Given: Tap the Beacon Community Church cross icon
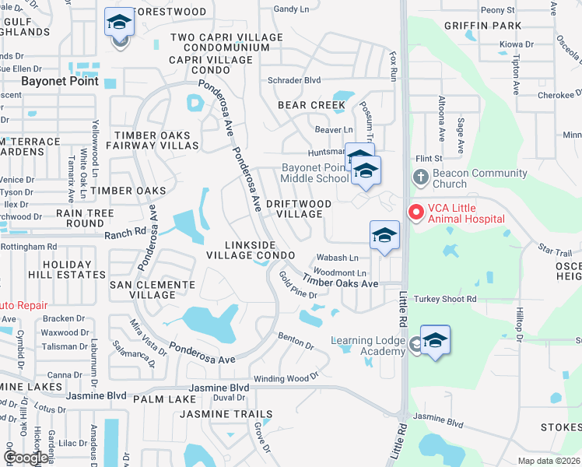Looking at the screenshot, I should (x=421, y=176).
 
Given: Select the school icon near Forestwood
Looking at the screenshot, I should (x=119, y=22).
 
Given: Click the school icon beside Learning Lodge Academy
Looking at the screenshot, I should (x=436, y=340).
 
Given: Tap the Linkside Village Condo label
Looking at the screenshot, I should (x=251, y=250).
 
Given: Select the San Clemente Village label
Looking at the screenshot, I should (x=153, y=290).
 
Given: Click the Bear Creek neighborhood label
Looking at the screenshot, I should (x=311, y=105).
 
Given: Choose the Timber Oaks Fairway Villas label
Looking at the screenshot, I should (x=153, y=140).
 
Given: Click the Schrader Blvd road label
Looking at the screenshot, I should (x=294, y=80).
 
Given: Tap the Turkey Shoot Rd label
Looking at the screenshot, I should (x=445, y=300).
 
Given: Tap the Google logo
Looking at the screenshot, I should (x=25, y=458).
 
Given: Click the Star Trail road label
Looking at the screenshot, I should (x=555, y=249).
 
